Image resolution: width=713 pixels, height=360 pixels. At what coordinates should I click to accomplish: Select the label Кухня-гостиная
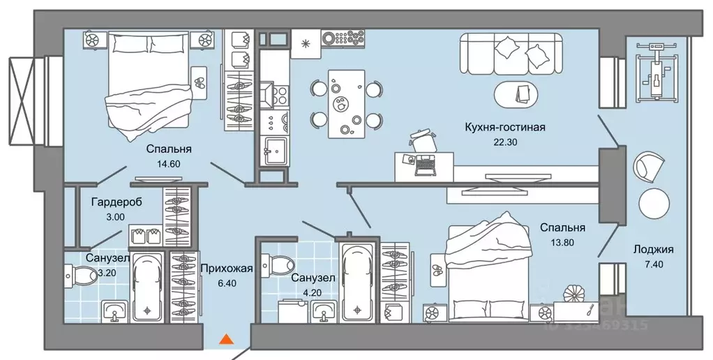(504, 127)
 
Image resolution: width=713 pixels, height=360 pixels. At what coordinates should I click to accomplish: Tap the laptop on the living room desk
(423, 165)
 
